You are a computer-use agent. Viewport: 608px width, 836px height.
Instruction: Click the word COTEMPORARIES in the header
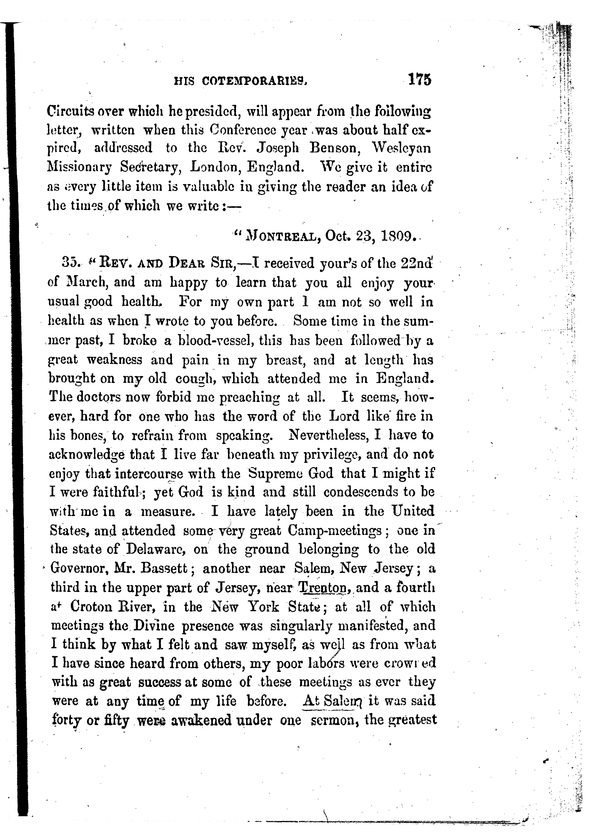point(254,81)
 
